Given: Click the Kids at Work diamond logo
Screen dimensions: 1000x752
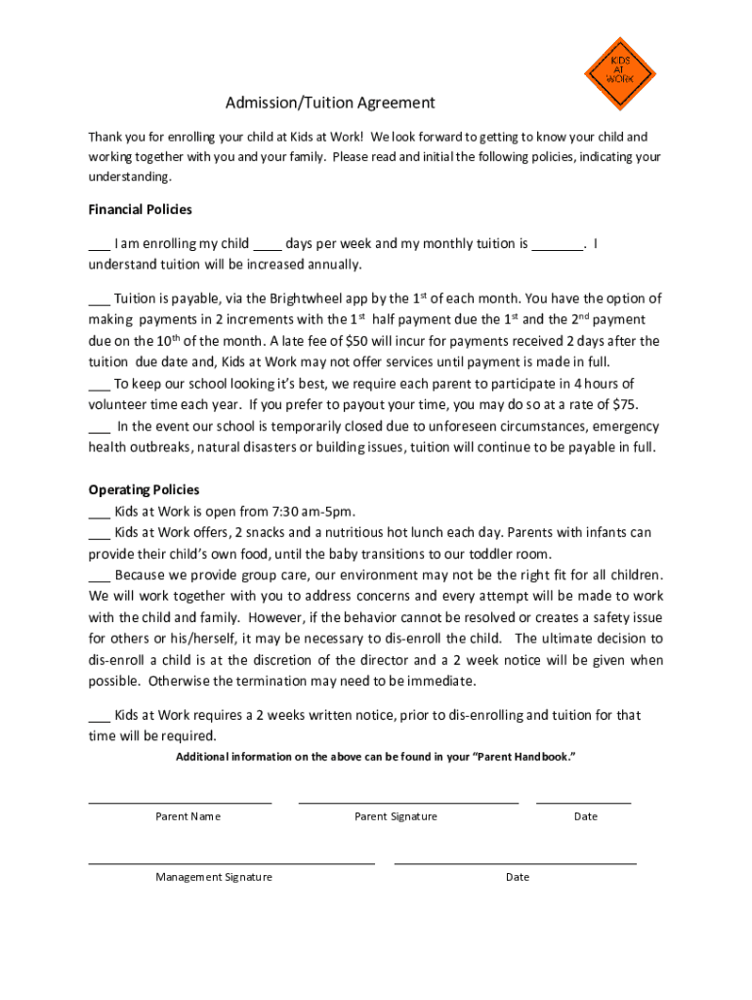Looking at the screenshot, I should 619,73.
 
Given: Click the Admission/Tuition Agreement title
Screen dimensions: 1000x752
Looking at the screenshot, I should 330,103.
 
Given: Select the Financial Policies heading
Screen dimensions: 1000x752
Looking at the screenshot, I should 140,210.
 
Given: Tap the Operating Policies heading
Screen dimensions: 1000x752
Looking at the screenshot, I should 144,489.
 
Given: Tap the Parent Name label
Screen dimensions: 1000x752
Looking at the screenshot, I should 188,816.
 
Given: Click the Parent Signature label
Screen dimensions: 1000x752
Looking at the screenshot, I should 396,816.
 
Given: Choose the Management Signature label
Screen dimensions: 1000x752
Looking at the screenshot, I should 213,877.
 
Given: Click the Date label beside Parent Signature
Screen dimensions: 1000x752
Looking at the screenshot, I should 586,816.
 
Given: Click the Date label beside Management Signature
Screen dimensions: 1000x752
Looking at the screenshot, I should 518,877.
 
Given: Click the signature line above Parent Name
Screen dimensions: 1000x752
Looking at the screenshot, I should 180,803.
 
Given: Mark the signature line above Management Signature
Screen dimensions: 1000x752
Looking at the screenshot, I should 231,863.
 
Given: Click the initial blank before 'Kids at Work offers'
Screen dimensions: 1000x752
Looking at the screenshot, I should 99,534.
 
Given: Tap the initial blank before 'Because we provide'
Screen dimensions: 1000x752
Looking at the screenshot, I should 99,576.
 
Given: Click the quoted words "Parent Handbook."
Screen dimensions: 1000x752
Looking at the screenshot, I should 524,757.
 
